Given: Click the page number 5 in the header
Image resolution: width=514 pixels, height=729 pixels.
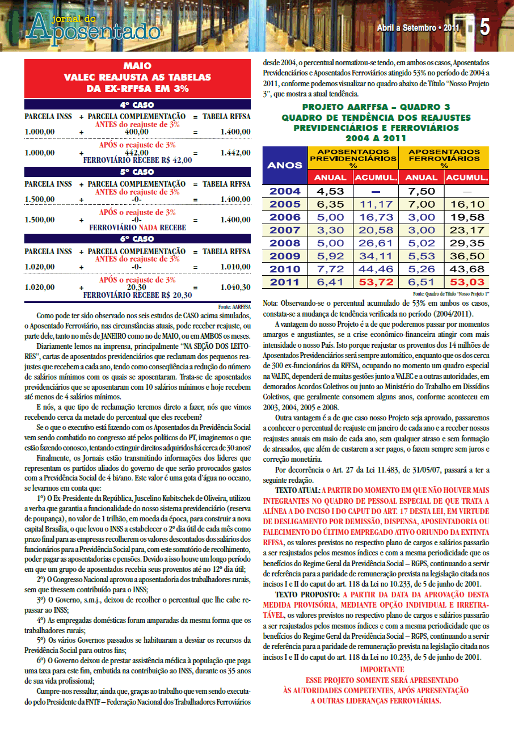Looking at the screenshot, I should tap(485, 27).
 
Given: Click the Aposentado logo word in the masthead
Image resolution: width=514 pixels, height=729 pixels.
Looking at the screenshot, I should tap(94, 30).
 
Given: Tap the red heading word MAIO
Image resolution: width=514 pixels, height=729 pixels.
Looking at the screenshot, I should tap(137, 66).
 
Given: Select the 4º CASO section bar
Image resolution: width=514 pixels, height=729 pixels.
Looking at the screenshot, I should tap(137, 105).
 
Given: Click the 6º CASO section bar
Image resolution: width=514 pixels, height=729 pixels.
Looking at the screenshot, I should tap(137, 239).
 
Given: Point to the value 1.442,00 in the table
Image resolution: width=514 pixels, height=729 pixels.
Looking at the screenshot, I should tap(233, 153).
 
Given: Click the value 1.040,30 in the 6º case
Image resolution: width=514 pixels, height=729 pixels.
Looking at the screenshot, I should tap(233, 287).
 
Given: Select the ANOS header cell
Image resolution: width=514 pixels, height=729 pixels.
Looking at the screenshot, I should tap(284, 166).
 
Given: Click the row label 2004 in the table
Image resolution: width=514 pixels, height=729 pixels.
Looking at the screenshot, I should tap(284, 191).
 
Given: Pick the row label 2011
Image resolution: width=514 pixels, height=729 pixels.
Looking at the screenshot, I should tap(284, 282).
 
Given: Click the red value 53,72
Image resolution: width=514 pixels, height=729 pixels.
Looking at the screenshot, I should tap(376, 282).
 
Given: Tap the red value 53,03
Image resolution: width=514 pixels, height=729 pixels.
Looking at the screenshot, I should tap(466, 282).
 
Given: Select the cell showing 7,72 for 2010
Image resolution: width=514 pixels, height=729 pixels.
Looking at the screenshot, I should tap(330, 269).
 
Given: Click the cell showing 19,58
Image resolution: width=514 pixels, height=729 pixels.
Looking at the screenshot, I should tap(466, 217).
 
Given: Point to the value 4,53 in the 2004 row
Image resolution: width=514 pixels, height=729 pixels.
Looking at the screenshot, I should tap(330, 191).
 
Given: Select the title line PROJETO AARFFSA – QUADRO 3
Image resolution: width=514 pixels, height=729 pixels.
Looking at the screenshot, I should tap(376, 107).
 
